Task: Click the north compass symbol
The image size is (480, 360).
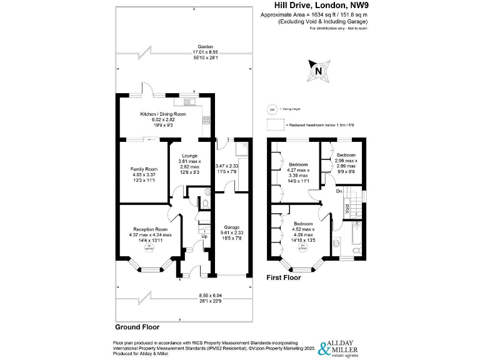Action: (x=319, y=71)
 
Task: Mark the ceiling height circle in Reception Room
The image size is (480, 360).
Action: (x=149, y=249)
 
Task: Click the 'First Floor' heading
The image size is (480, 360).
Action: (x=285, y=276)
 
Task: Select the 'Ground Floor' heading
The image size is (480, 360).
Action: (x=137, y=327)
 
